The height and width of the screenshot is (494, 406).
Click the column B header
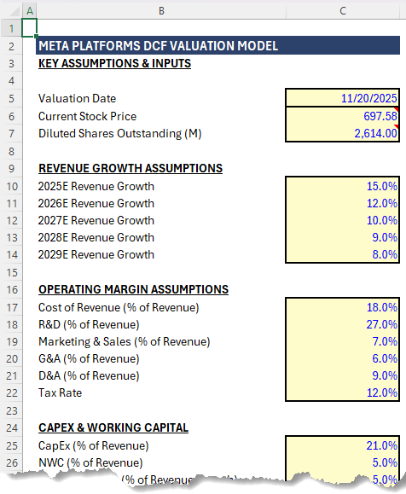pyautogui.click(x=161, y=10)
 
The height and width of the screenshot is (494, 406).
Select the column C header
pyautogui.click(x=343, y=10)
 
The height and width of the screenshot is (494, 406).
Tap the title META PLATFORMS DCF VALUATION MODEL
pyautogui.click(x=158, y=47)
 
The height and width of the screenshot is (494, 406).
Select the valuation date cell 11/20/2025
pyautogui.click(x=343, y=99)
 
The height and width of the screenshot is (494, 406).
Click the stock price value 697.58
pyautogui.click(x=343, y=116)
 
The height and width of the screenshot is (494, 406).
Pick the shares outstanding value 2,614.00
pyautogui.click(x=343, y=133)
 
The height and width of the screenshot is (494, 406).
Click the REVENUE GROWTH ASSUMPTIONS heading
pyautogui.click(x=130, y=168)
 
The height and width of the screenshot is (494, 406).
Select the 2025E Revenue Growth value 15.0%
pyautogui.click(x=343, y=186)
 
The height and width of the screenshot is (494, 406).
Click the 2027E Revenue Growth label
pyautogui.click(x=96, y=220)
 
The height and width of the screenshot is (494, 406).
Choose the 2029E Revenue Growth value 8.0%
pyautogui.click(x=343, y=254)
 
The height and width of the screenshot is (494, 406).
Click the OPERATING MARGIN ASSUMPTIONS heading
pyautogui.click(x=133, y=289)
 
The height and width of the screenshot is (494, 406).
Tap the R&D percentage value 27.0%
pyautogui.click(x=343, y=324)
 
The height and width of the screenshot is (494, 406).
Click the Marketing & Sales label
pyautogui.click(x=124, y=341)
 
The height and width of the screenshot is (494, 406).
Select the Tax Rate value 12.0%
pyautogui.click(x=343, y=392)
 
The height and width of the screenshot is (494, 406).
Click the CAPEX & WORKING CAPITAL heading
pyautogui.click(x=113, y=427)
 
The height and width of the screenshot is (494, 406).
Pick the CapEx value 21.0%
pyautogui.click(x=343, y=445)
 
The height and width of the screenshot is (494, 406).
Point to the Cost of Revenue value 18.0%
pyautogui.click(x=343, y=307)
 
